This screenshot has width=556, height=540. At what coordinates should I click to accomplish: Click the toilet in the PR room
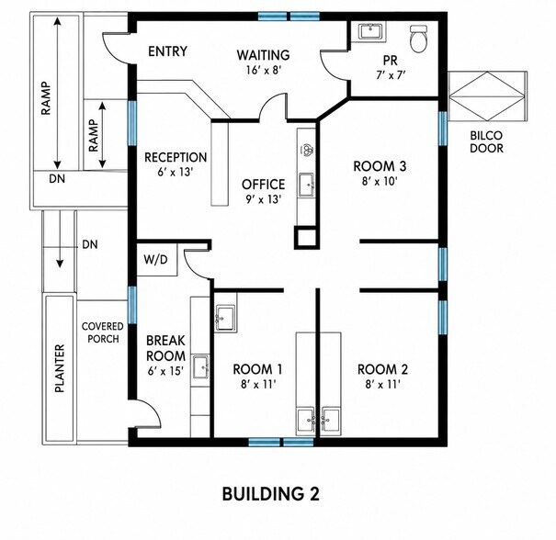point(419,39)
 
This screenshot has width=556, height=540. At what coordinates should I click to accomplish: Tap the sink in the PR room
point(371,31)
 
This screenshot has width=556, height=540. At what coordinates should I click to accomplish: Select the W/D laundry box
point(156,260)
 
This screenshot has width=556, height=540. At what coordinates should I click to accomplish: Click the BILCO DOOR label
point(486,141)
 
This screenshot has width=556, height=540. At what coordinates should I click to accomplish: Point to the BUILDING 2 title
point(270,493)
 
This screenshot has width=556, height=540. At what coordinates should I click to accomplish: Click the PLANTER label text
point(60,368)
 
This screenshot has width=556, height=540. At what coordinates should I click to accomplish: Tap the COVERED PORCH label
point(103,332)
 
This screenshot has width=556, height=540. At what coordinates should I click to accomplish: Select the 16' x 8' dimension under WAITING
point(264,70)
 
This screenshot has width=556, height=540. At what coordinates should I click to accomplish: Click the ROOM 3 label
point(380,166)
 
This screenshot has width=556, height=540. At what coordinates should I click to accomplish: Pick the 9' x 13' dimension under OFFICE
point(263,200)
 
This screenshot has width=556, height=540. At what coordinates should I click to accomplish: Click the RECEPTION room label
point(176,157)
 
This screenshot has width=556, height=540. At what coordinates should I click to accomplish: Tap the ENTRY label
point(167,51)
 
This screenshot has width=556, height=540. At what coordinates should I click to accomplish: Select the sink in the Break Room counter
point(200,366)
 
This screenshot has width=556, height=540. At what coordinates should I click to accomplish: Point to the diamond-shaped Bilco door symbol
point(486,96)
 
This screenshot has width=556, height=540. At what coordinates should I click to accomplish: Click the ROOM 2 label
point(382,369)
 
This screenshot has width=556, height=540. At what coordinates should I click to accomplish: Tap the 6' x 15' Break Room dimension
point(165,371)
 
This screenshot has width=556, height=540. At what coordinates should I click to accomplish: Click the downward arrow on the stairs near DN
point(60,239)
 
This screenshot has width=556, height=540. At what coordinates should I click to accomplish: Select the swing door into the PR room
point(334,65)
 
